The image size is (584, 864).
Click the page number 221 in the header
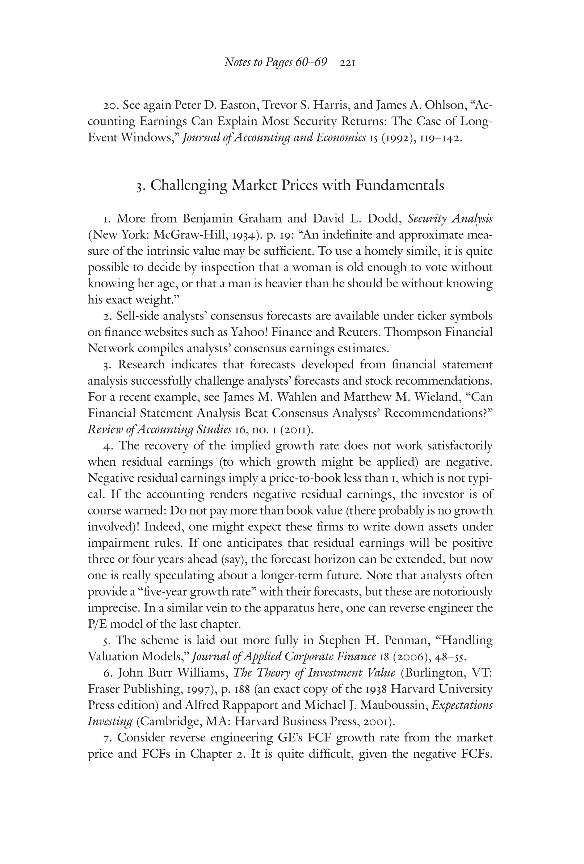pyautogui.click(x=348, y=63)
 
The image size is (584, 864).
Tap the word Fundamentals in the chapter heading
pyautogui.click(x=399, y=185)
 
